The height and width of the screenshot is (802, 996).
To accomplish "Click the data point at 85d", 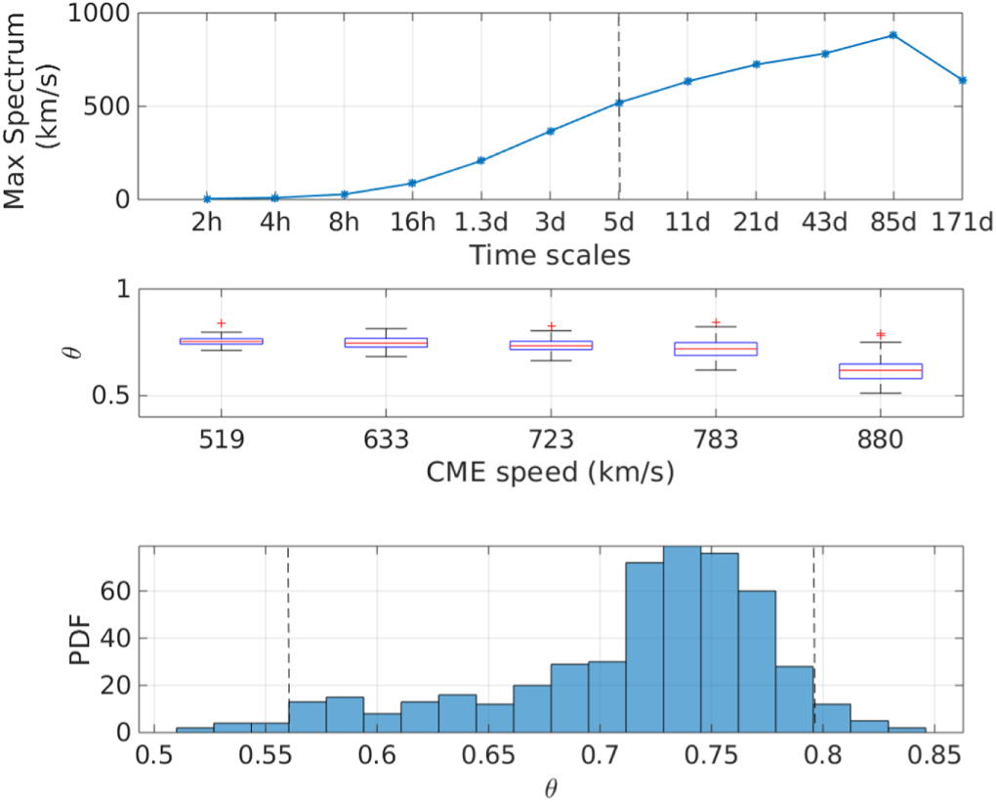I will click(892, 35).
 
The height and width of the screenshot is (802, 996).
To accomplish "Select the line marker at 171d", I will click(961, 80).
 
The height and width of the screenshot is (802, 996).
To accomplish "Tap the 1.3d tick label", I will click(480, 224).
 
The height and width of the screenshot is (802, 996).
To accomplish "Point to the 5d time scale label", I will click(618, 224).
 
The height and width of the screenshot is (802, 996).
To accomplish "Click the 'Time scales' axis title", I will click(549, 256).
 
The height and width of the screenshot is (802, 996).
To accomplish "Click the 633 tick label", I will click(387, 441).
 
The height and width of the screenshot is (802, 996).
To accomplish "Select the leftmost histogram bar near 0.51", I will click(194, 729).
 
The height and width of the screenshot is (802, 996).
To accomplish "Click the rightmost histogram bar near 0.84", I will click(907, 729).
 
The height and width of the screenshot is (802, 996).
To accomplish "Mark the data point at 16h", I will click(412, 183).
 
